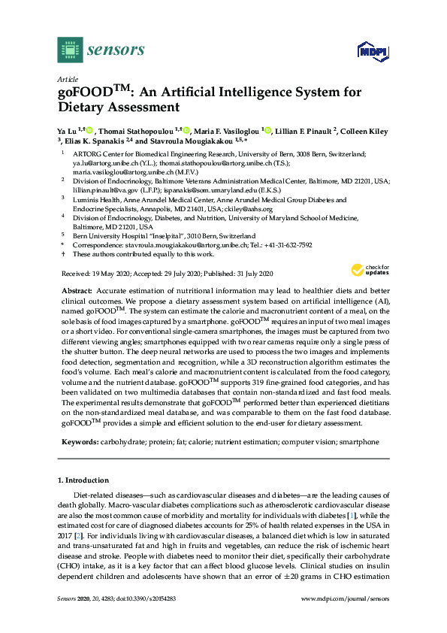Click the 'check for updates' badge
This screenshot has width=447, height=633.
[x=368, y=271]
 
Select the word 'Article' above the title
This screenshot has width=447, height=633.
[x=68, y=79]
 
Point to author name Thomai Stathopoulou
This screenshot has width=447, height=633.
[x=140, y=131]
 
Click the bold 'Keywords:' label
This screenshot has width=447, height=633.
[x=79, y=442]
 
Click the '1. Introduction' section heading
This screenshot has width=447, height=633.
[x=83, y=480]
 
